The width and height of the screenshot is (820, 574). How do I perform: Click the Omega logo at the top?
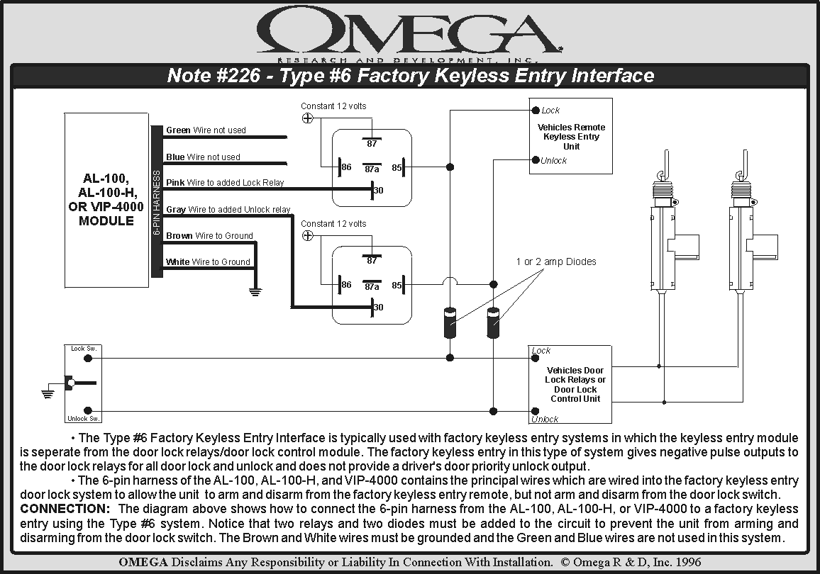[409, 32]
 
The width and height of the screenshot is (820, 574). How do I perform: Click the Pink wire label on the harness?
[225, 183]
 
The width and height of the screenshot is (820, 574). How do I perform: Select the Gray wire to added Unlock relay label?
[228, 210]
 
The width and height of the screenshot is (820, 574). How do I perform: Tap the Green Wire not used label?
[206, 130]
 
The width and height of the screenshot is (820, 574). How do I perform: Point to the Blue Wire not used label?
[203, 157]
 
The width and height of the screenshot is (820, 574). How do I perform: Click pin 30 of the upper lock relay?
[377, 189]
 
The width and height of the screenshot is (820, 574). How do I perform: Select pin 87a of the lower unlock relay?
[372, 286]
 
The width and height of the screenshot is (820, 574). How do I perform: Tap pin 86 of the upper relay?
[345, 167]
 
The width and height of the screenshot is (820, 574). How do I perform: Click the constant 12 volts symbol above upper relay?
[307, 118]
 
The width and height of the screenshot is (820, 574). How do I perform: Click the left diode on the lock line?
[449, 322]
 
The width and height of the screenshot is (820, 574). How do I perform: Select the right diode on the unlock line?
[493, 322]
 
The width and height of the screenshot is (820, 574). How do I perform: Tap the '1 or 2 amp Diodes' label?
[555, 262]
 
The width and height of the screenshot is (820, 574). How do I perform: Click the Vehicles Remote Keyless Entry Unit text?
[571, 137]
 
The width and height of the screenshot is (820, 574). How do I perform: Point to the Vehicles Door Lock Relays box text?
[575, 384]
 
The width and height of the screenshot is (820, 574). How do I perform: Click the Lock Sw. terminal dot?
[88, 359]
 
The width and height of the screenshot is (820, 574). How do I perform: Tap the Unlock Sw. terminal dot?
[88, 410]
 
